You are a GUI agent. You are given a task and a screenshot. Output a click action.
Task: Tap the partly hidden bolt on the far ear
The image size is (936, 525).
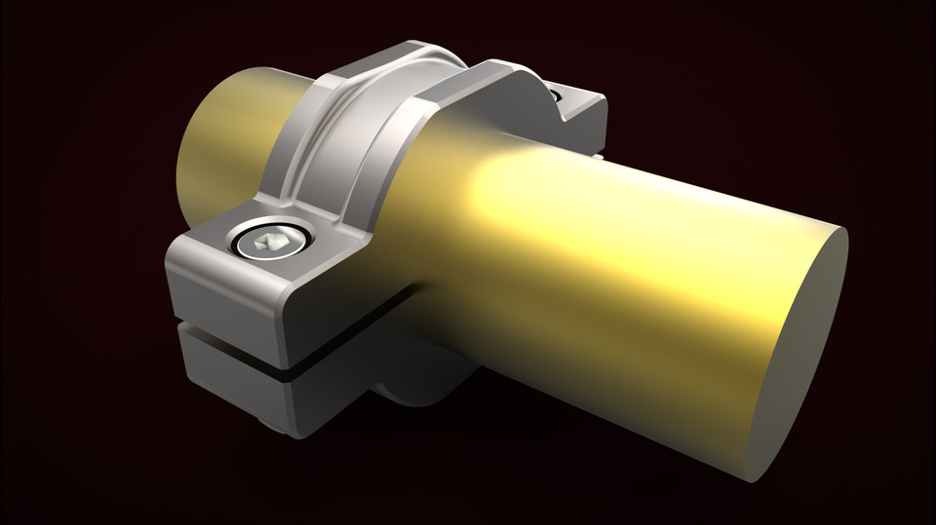tap(556, 95)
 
